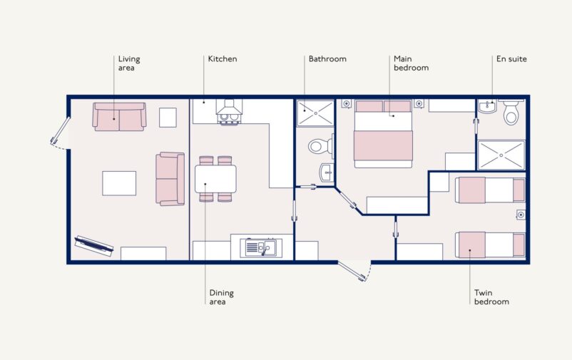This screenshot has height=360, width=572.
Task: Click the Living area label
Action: [x=127, y=63]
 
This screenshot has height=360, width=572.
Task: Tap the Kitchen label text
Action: [x=222, y=59]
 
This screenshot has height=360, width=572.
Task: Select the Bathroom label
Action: [x=327, y=59]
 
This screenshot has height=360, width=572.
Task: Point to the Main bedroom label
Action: [x=411, y=63]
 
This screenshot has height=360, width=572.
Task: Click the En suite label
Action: [x=511, y=59]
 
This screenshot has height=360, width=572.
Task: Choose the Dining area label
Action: [x=221, y=297]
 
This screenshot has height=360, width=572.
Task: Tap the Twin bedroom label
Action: [x=491, y=297]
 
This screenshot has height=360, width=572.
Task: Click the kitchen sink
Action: [x=262, y=247]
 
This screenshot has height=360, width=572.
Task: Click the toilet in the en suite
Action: [x=511, y=113]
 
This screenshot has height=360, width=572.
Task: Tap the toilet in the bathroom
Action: [x=320, y=146]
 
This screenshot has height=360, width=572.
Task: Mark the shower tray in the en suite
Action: [x=501, y=155]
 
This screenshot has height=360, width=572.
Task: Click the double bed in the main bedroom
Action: [x=384, y=134]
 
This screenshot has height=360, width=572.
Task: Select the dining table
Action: [x=215, y=178]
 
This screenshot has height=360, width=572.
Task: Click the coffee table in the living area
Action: [x=118, y=182]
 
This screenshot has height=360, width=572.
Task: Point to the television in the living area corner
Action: [x=94, y=245]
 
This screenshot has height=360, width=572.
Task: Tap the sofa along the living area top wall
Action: [x=119, y=116]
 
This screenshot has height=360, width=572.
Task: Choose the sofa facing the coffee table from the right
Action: [x=170, y=178]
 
